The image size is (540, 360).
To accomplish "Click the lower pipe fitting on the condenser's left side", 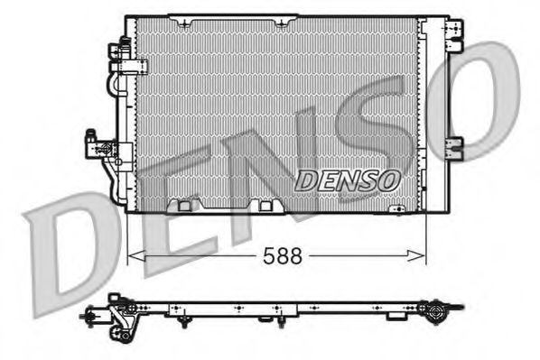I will point(96,144).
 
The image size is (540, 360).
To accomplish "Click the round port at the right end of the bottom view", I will point(438,315).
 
